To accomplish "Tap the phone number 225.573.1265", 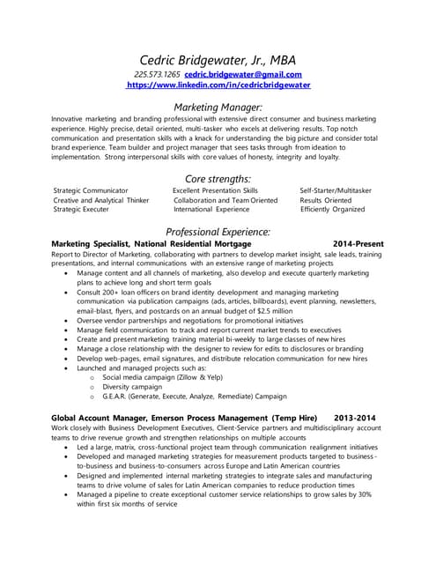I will coord(158,75).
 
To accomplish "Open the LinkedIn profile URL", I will coord(218,85).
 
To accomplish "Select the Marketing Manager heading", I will coord(218,107).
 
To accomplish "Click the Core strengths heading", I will coord(218,179).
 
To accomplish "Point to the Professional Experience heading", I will coord(218,232).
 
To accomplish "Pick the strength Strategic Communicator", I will coord(91,190).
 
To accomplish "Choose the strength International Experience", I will coord(211,210).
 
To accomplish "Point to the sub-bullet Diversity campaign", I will coord(133,386).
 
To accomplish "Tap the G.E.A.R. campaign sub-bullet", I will coord(195,396).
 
